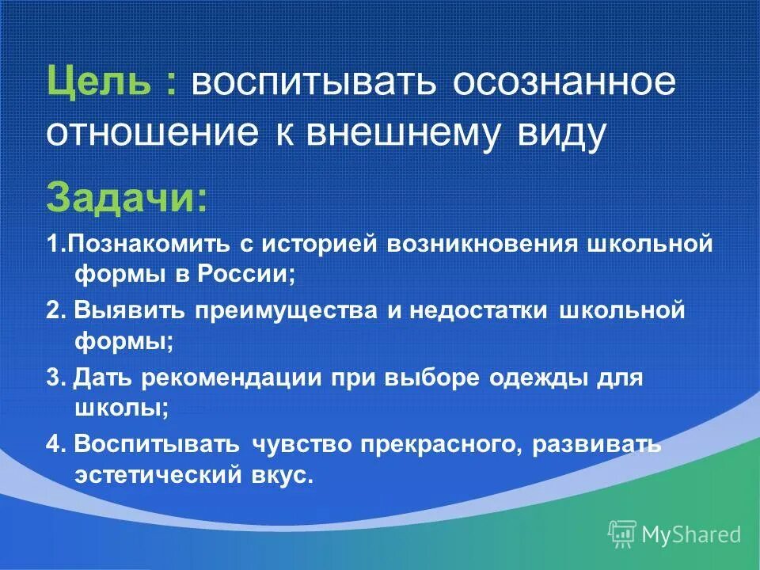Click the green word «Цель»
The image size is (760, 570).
[x=102, y=83]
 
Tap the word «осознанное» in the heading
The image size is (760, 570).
[x=564, y=83]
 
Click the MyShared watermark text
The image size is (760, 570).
[x=691, y=535]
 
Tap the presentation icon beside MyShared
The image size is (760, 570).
[x=622, y=534]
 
